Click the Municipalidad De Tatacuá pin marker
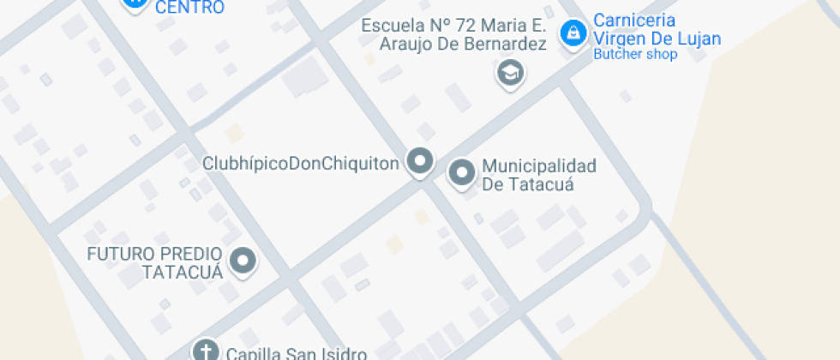point(463,172)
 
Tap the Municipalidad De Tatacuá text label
point(539,175)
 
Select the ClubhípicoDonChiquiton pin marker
point(419,160)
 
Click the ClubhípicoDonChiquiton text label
point(301,163)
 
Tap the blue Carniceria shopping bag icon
point(570,34)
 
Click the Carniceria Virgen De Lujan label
point(657,29)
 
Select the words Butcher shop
point(635,54)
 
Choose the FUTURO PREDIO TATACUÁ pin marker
point(244,260)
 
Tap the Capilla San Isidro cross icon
point(205,351)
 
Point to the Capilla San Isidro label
point(297,352)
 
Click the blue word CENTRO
point(190,8)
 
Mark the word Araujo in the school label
point(408,45)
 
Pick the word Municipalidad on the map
point(539,165)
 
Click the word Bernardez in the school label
point(507,45)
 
